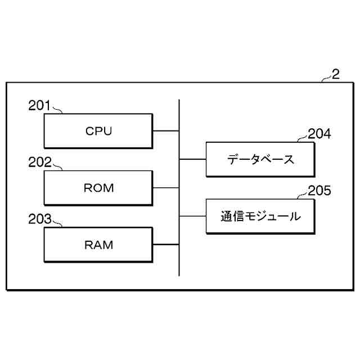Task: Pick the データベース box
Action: (x=260, y=159)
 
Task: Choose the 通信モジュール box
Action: (x=260, y=216)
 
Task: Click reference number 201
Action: (x=40, y=105)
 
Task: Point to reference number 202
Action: (x=40, y=163)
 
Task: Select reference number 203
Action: (x=40, y=219)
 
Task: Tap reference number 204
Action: (x=319, y=133)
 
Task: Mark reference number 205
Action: (x=319, y=190)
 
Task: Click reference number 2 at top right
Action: (x=336, y=74)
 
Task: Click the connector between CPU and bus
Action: (x=166, y=131)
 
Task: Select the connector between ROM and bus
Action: (x=166, y=188)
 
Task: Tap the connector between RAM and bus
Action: (x=166, y=245)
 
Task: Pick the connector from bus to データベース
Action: (x=193, y=159)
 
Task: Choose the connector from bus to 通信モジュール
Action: (x=193, y=216)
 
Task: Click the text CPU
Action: (x=99, y=131)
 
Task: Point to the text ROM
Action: (x=99, y=188)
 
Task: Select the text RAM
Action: (x=99, y=245)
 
